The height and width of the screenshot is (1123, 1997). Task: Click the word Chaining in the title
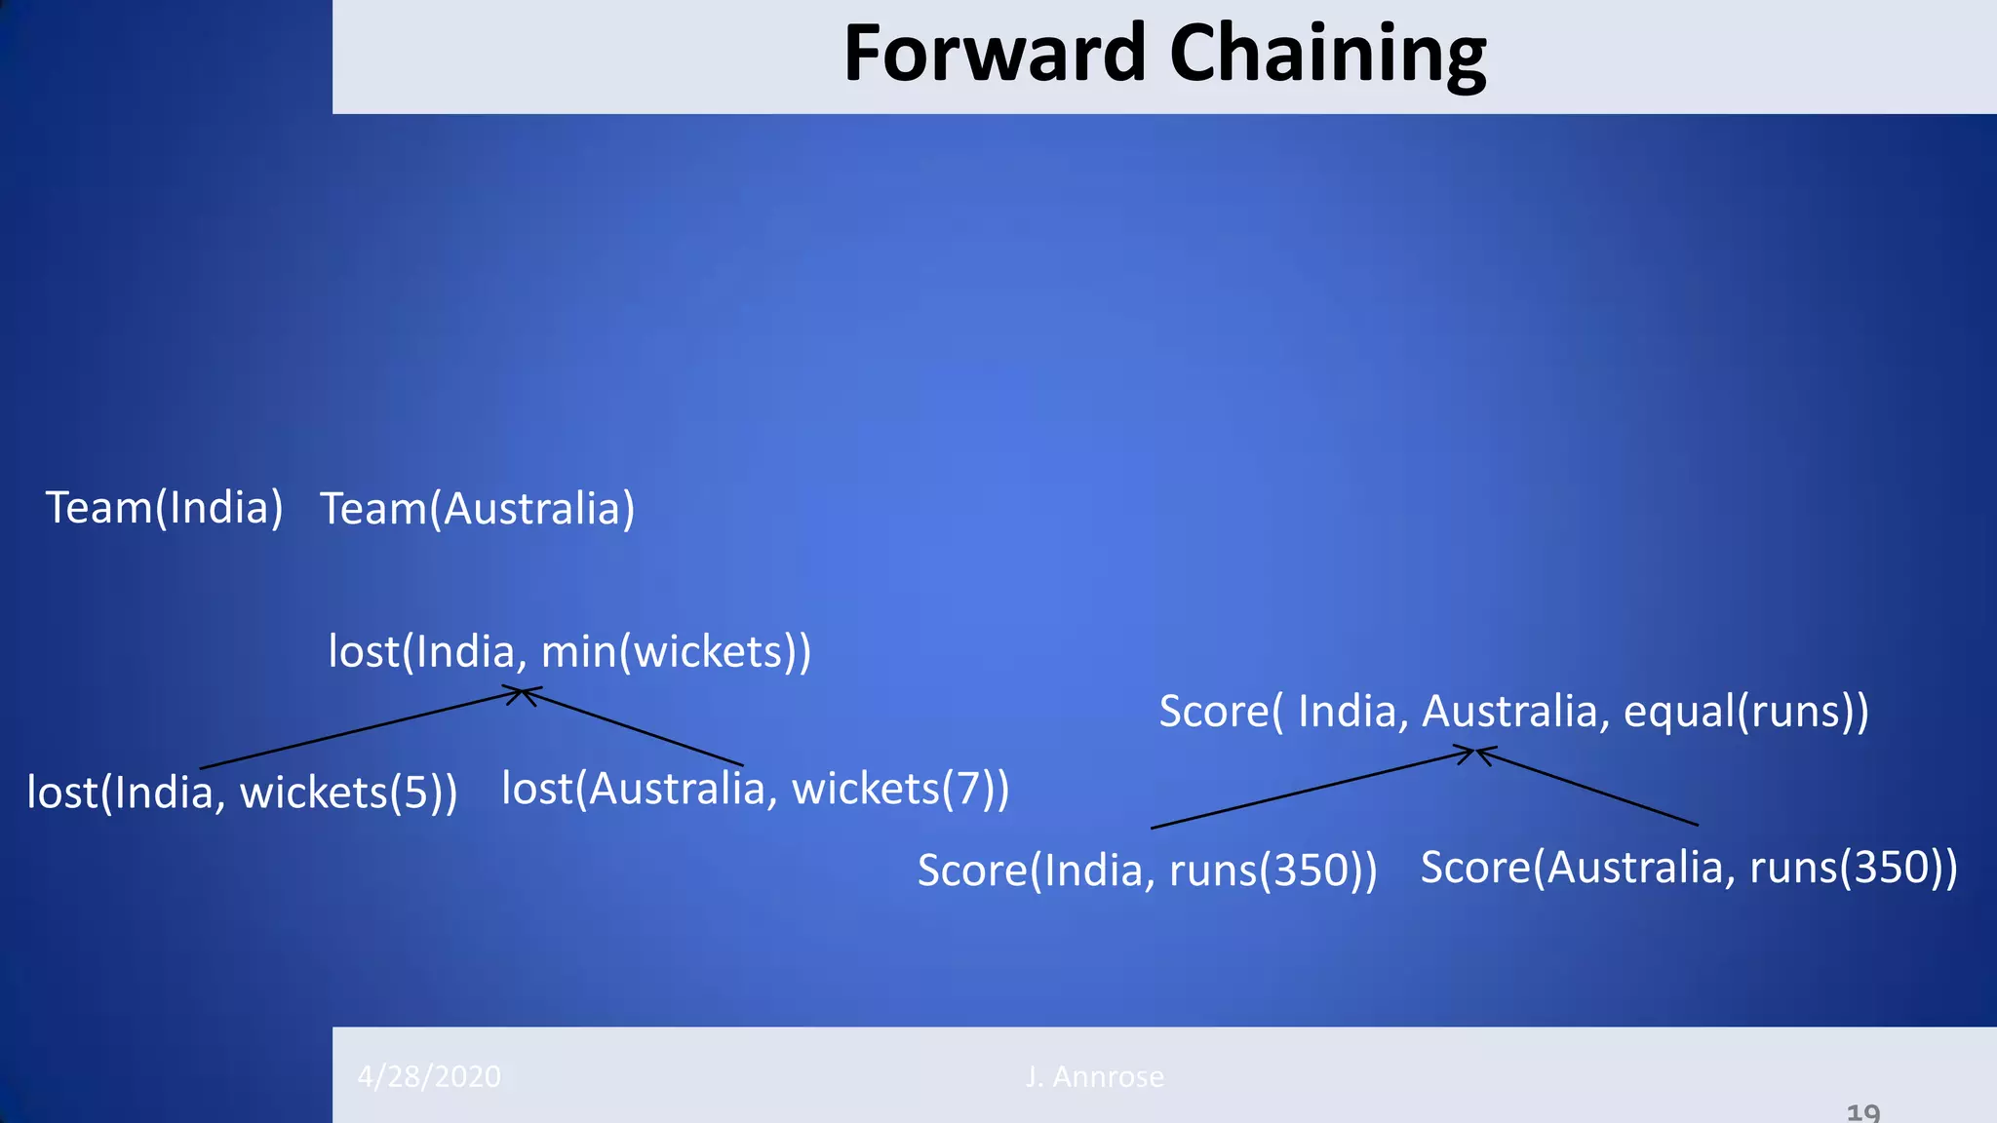1328,54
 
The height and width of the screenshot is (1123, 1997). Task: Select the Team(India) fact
164,508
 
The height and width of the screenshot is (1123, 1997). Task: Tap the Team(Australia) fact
478,509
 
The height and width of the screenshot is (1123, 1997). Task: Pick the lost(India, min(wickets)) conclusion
569,651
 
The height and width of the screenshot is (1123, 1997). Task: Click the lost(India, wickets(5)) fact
242,792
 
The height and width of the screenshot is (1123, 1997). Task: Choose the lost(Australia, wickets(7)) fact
755,788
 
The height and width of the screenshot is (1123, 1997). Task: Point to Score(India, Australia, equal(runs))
1513,711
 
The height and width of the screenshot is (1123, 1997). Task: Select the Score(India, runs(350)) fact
1147,870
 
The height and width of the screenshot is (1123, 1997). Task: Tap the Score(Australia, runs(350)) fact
1688,867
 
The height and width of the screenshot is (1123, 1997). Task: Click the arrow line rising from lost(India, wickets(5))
361,729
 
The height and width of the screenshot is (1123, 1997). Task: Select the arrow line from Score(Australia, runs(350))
1589,787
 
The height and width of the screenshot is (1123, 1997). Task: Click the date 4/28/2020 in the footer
429,1076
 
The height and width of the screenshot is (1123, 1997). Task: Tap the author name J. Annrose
1094,1076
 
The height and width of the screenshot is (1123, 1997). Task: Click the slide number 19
1863,1112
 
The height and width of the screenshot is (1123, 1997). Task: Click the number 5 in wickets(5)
415,792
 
